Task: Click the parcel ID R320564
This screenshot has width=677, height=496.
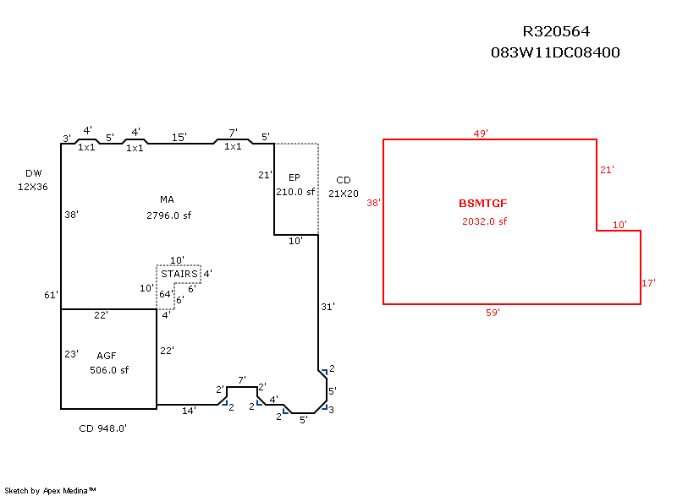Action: pos(556,32)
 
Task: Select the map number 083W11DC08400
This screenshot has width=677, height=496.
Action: pos(556,52)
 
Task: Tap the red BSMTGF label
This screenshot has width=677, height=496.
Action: pos(483,204)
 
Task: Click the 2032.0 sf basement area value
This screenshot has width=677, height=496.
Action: pos(484,221)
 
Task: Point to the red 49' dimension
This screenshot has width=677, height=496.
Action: pos(481,133)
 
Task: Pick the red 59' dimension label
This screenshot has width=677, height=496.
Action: pos(493,313)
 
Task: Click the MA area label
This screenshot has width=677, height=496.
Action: pos(168,199)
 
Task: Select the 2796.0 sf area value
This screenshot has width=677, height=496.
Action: pos(168,215)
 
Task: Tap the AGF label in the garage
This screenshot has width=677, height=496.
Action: pos(107,355)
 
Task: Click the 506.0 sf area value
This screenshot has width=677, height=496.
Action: pos(108,370)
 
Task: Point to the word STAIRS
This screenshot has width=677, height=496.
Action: pos(179,274)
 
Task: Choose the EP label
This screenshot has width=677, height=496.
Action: pos(294,177)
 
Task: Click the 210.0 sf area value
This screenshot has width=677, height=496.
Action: pos(295,192)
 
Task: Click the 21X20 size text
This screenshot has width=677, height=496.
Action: pos(343,193)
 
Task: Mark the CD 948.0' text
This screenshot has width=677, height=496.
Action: pos(102,428)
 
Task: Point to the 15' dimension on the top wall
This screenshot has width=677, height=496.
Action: pos(179,137)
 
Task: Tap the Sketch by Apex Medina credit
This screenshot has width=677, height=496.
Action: pos(51,490)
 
